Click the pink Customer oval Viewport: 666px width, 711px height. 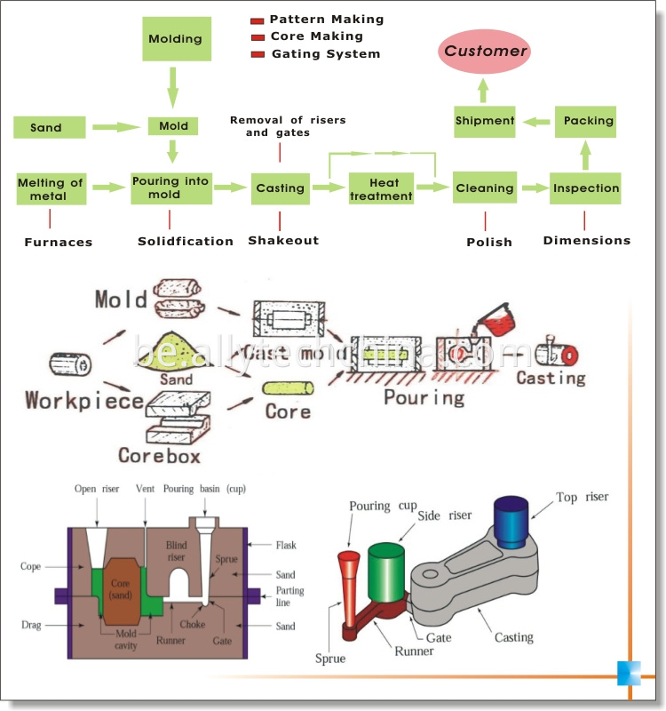(486, 51)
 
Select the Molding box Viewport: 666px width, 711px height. (175, 39)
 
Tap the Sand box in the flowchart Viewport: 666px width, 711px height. (46, 127)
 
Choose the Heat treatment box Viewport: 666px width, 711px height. (381, 188)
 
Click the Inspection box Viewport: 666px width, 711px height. (585, 188)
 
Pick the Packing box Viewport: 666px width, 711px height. (585, 121)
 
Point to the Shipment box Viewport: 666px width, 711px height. (485, 121)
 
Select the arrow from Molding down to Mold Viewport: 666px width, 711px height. (173, 89)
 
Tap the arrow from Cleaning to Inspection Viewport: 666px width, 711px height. (535, 188)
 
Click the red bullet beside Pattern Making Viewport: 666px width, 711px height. (258, 20)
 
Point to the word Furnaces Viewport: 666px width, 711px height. (59, 242)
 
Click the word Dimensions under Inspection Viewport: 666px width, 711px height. (586, 240)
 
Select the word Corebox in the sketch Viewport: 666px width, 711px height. (159, 456)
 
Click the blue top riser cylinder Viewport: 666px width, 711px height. (511, 519)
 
